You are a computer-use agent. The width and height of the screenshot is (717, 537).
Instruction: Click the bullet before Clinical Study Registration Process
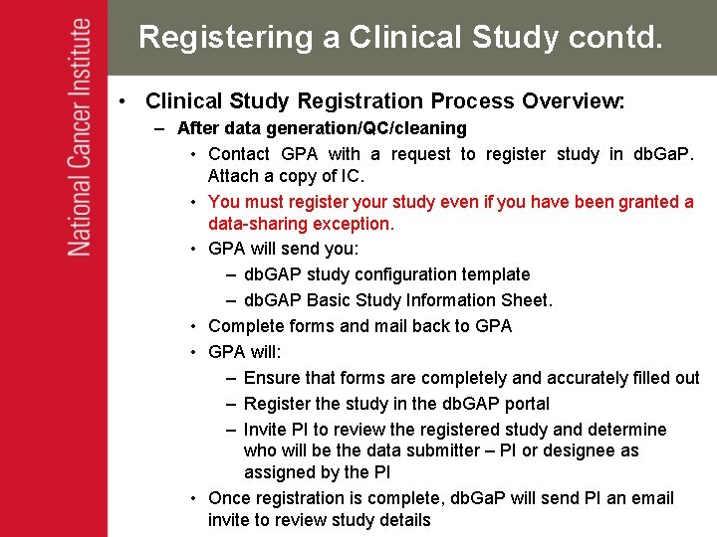pos(120,101)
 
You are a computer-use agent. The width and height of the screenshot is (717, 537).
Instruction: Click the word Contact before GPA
pos(239,154)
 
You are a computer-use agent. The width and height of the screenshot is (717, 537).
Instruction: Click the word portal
pos(524,404)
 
